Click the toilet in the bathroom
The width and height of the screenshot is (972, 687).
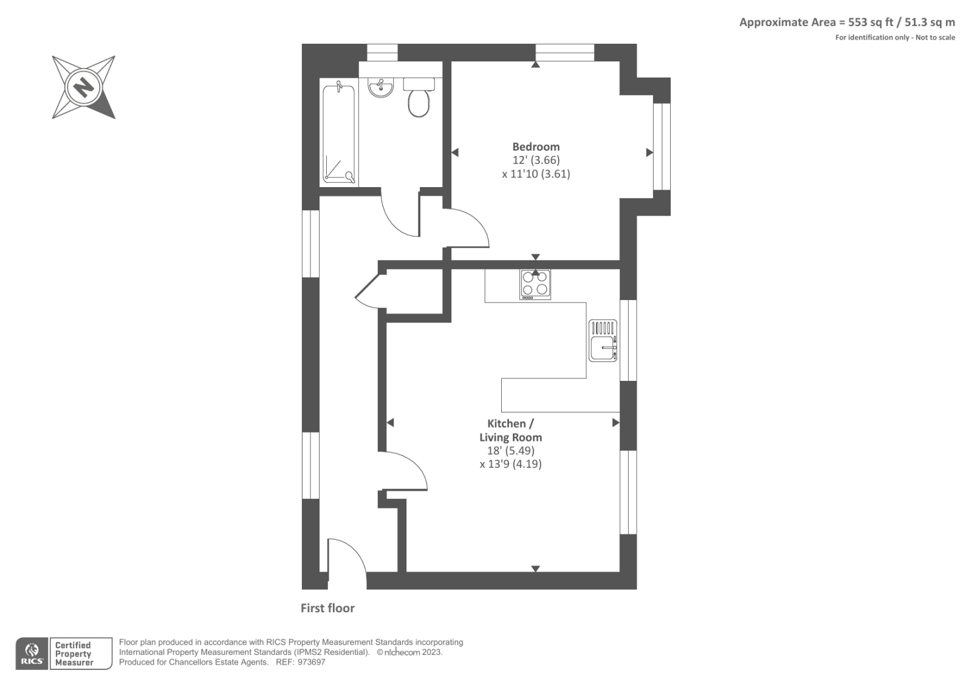(419, 98)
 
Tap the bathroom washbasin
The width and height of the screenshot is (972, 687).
(381, 87)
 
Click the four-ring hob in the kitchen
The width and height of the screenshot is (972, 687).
(535, 284)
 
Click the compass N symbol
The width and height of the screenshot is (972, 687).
(84, 87)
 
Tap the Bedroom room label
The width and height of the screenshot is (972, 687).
(536, 146)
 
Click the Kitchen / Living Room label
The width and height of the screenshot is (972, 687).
(510, 430)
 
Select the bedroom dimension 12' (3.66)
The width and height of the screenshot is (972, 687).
(536, 160)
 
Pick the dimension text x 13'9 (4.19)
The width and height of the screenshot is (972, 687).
(510, 464)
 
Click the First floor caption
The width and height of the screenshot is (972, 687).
(327, 608)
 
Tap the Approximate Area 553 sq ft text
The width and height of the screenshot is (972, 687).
(847, 22)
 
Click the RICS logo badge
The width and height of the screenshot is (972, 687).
(32, 654)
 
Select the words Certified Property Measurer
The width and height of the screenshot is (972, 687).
(74, 654)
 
